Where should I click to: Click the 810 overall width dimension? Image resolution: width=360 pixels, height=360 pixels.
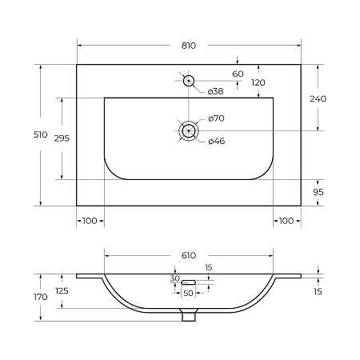pyautogui.click(x=189, y=46)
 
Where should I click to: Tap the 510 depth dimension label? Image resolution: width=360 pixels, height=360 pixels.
pyautogui.click(x=41, y=134)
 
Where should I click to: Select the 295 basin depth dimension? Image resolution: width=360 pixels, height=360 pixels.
pyautogui.click(x=62, y=138)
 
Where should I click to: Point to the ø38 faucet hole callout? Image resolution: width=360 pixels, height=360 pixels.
pyautogui.click(x=215, y=91)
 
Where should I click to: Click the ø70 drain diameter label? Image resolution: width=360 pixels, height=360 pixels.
pyautogui.click(x=216, y=118)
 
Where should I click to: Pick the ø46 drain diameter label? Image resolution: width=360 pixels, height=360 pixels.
pyautogui.click(x=217, y=141)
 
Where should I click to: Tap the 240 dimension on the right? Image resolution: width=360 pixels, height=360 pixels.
pyautogui.click(x=318, y=99)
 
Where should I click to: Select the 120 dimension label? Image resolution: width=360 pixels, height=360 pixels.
pyautogui.click(x=258, y=82)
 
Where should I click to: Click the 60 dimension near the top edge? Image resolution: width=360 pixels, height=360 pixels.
pyautogui.click(x=238, y=74)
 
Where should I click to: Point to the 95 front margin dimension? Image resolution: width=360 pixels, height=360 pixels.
pyautogui.click(x=318, y=192)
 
